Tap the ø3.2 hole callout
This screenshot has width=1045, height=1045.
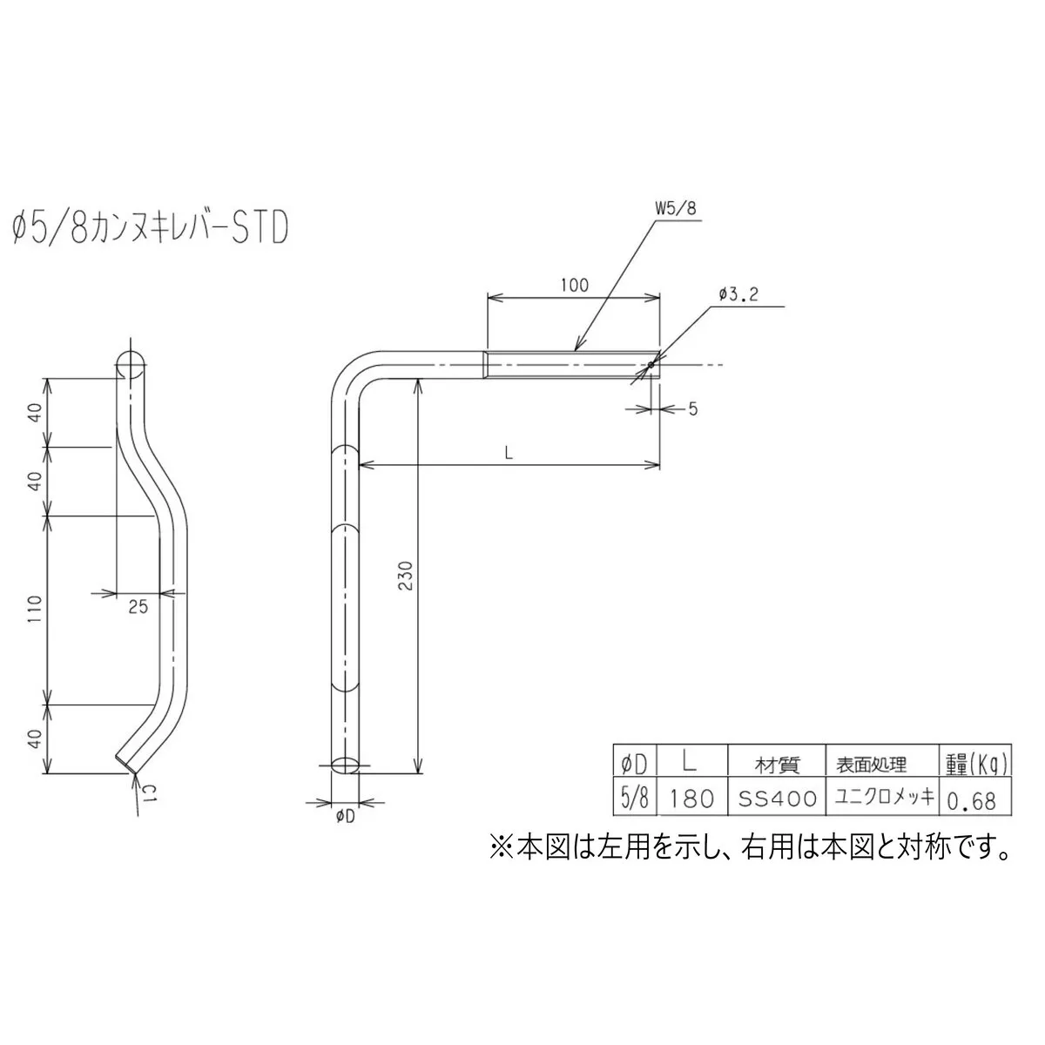pos(739,295)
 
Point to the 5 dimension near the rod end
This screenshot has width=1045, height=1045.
pos(692,408)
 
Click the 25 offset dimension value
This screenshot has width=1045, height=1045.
pos(138,607)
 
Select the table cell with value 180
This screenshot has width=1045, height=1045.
pos(692,799)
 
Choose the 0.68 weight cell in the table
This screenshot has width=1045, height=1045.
pos(971,799)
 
